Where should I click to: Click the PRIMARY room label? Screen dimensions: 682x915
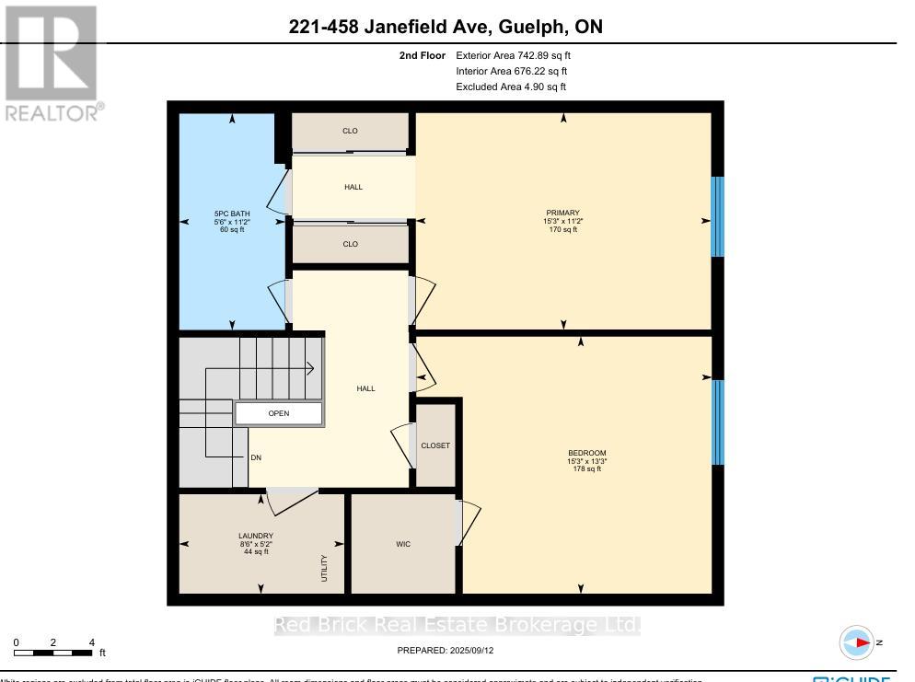click(562, 213)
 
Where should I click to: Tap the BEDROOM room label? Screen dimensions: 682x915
click(586, 453)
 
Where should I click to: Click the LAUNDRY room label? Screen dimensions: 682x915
click(255, 536)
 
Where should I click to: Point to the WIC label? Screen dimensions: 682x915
click(403, 544)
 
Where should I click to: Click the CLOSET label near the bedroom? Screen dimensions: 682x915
click(435, 445)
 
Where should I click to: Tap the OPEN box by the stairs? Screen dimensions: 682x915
click(279, 413)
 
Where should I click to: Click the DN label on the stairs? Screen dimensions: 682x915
click(256, 457)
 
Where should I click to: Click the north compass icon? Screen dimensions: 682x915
click(858, 642)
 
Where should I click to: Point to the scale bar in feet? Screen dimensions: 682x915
click(53, 653)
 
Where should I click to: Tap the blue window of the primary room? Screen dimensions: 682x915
click(719, 217)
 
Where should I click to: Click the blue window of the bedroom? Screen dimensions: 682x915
click(719, 422)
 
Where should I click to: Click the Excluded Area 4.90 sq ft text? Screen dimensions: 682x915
click(511, 87)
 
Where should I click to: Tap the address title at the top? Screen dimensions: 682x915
click(446, 27)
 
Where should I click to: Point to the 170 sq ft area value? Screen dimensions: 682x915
click(562, 230)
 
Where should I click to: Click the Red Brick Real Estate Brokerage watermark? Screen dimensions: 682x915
click(457, 626)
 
